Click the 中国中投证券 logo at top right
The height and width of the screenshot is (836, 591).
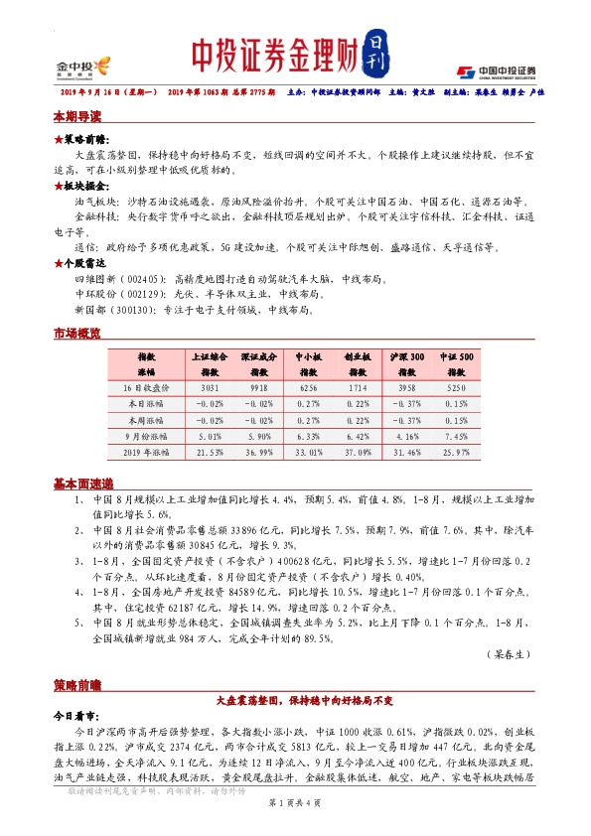497,70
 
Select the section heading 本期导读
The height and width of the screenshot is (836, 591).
76,116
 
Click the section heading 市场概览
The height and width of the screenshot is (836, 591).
76,334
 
